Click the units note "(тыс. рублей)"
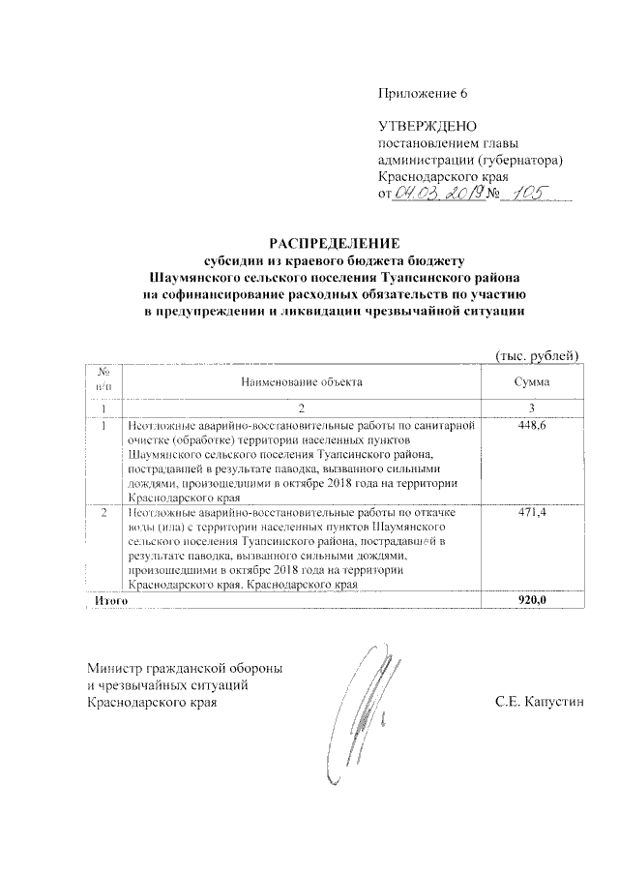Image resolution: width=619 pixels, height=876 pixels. tap(537, 355)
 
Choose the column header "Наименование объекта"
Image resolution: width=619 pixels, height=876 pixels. tap(302, 382)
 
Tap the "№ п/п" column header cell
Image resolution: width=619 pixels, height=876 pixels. tap(103, 380)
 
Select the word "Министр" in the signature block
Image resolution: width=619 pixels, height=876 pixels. tap(114, 669)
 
